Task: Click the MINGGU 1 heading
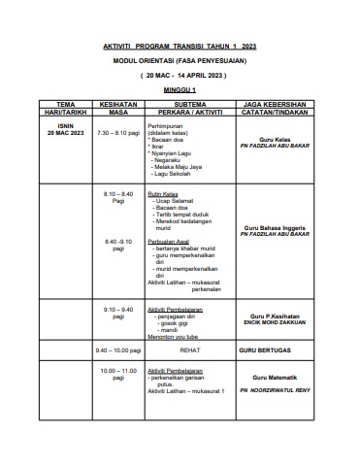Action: click(x=180, y=89)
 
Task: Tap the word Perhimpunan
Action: click(x=166, y=126)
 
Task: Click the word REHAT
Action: click(x=188, y=349)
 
